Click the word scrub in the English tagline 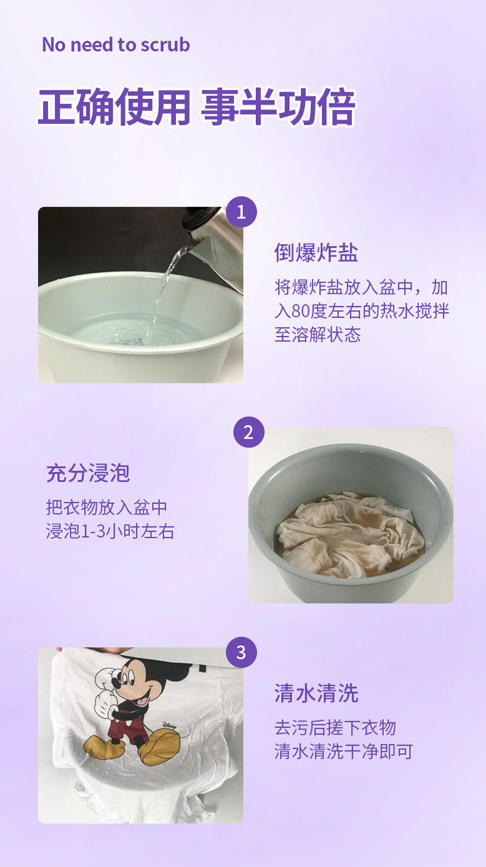tap(165, 45)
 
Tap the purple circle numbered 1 tap(241, 212)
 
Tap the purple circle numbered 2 tap(249, 432)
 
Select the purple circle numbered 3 tap(241, 652)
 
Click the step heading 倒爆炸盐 tap(316, 253)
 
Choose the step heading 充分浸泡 tap(88, 473)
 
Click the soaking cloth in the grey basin tap(350, 534)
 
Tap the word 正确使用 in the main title tap(114, 107)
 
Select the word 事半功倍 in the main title tap(278, 107)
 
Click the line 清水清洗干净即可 tap(344, 752)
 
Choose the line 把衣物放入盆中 tap(106, 508)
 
